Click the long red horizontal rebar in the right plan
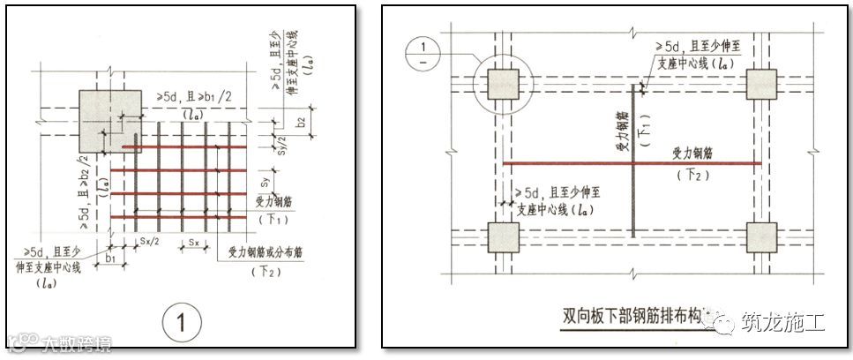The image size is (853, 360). click(631, 162)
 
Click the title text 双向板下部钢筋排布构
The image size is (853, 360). click(634, 316)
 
